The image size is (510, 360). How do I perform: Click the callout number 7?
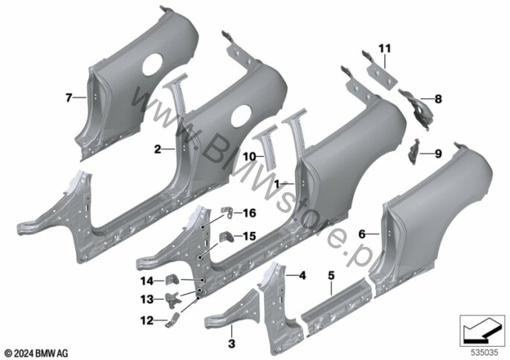click(x=68, y=97)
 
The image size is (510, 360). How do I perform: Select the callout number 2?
click(x=158, y=150)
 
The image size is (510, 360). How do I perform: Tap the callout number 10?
click(x=250, y=157)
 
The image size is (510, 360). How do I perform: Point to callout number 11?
click(x=385, y=49)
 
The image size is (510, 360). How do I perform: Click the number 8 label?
click(x=439, y=99)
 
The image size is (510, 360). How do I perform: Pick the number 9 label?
click(x=439, y=154)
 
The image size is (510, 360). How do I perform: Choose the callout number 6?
click(x=362, y=234)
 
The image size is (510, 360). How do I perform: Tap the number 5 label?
click(x=331, y=276)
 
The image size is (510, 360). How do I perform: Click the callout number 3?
click(x=232, y=344)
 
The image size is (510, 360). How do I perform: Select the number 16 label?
click(x=250, y=213)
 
